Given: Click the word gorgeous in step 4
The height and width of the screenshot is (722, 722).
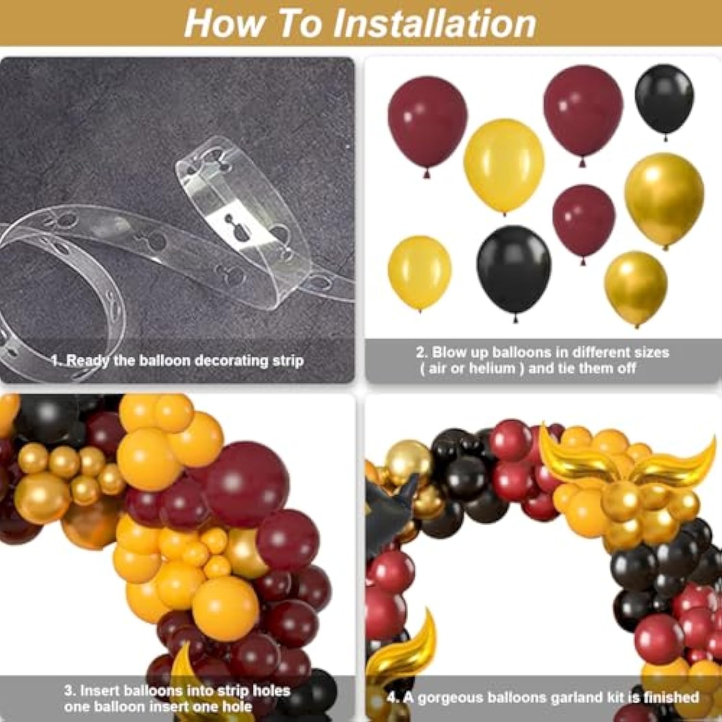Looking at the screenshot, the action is [x=450, y=698].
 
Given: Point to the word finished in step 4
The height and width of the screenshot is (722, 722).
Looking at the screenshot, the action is [x=671, y=697].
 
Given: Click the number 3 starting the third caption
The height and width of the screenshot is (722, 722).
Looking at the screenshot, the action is [x=69, y=691].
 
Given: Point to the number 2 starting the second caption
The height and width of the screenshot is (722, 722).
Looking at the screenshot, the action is [x=421, y=352].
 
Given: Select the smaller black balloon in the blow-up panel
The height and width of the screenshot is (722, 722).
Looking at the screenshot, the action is [x=665, y=100].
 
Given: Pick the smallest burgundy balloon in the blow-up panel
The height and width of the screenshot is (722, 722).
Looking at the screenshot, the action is [x=584, y=221].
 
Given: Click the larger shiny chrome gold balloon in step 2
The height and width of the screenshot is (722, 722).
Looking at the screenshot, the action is [x=664, y=200].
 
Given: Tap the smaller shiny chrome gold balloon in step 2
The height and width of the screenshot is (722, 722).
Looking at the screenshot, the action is [x=636, y=287].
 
